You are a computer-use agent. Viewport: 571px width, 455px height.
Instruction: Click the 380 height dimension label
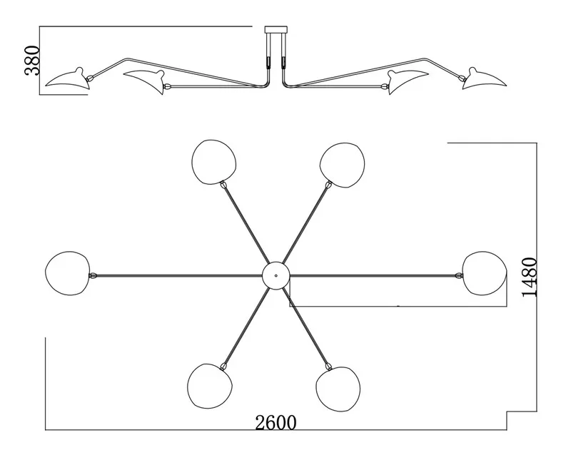click(x=31, y=61)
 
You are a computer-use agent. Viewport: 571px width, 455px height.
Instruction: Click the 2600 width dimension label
click(x=276, y=423)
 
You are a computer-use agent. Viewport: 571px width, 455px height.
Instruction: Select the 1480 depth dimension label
click(x=530, y=277)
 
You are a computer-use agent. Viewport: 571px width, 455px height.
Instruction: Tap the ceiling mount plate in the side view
click(x=276, y=29)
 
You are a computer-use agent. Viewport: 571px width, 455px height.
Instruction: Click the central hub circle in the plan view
click(x=276, y=275)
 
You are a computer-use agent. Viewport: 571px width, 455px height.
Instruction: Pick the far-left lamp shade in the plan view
click(x=67, y=273)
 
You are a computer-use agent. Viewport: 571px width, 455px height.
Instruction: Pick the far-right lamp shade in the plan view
click(x=485, y=273)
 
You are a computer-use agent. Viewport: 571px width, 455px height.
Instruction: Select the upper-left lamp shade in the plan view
click(x=213, y=162)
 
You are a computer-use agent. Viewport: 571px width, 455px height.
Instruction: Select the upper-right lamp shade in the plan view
click(x=343, y=165)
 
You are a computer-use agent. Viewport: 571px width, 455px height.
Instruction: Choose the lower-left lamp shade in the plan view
click(x=210, y=387)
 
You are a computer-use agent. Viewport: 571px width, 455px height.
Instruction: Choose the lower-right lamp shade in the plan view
click(x=338, y=389)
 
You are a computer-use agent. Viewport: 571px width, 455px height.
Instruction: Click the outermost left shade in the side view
click(x=68, y=79)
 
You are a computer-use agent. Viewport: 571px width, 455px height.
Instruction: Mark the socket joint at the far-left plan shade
click(x=93, y=276)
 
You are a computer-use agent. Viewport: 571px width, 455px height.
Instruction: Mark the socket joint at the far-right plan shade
click(x=459, y=276)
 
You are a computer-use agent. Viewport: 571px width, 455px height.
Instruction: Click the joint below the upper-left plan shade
click(x=223, y=185)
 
